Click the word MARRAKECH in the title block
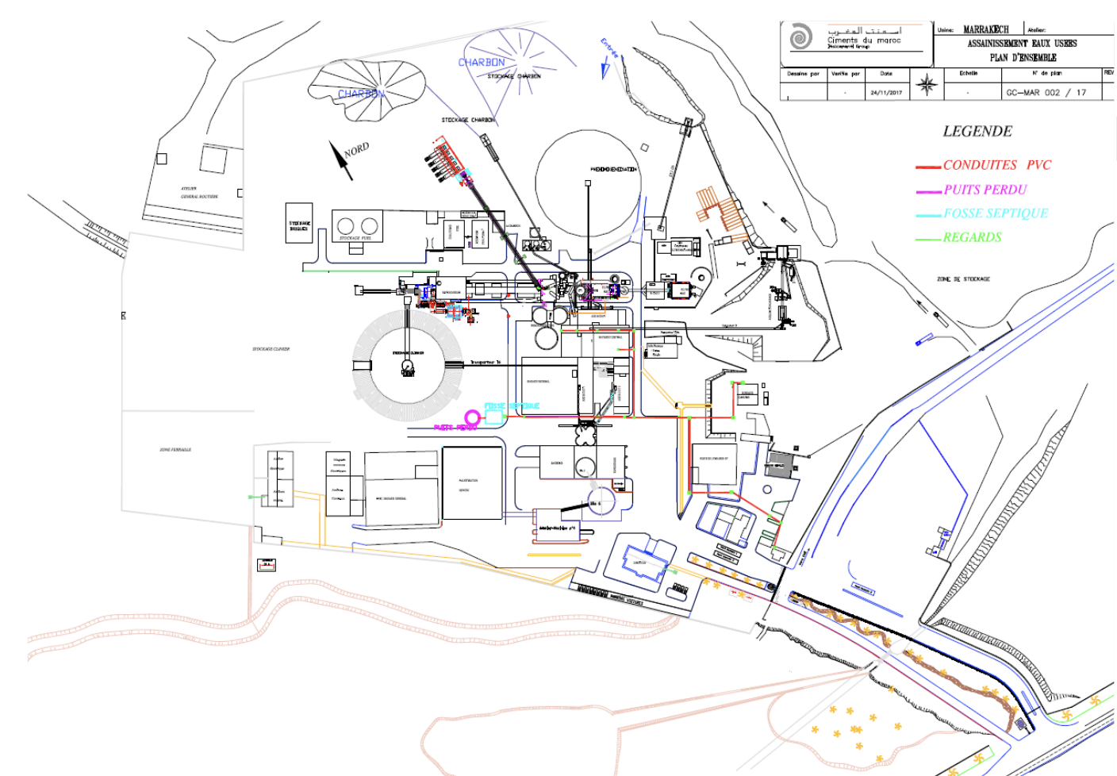[x=985, y=29]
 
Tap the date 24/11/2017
[x=885, y=93]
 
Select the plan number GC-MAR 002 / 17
[x=1046, y=93]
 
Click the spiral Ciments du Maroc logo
[x=800, y=37]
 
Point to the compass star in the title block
[x=927, y=84]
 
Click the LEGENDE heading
[x=977, y=132]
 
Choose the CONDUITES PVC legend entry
[x=996, y=165]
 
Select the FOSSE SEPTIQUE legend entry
[x=996, y=213]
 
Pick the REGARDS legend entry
[x=972, y=237]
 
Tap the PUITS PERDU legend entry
[x=985, y=190]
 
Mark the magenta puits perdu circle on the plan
[x=472, y=417]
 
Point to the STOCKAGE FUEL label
[x=355, y=237]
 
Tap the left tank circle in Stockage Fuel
[x=345, y=225]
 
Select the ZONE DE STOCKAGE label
[x=963, y=279]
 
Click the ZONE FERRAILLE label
[x=175, y=450]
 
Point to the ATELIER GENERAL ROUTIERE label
[x=199, y=193]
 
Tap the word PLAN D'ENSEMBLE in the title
[x=1023, y=58]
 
